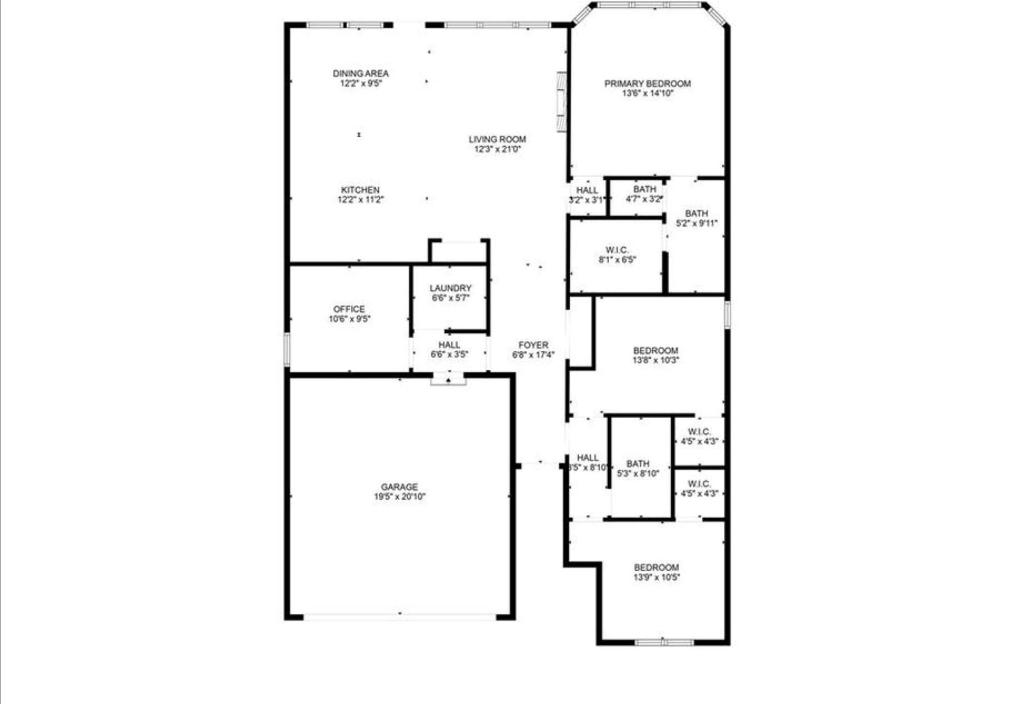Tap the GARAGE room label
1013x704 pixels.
click(399, 487)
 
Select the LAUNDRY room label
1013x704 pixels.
click(450, 288)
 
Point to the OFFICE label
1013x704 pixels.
click(349, 309)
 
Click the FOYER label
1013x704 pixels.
click(533, 345)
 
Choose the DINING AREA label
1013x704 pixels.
click(361, 73)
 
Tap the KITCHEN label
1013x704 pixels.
click(360, 190)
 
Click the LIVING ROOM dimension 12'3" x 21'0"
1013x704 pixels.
click(497, 149)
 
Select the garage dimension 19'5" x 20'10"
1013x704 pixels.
click(399, 497)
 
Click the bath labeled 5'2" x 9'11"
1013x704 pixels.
click(696, 218)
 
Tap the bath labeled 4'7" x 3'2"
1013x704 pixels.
click(644, 194)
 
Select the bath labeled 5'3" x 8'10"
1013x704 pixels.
click(638, 468)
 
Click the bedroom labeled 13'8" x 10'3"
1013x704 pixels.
click(655, 355)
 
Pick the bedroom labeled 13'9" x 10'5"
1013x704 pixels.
click(656, 572)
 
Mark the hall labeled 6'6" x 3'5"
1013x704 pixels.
click(449, 349)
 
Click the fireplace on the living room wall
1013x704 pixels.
click(562, 101)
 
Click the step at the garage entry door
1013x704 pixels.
click(448, 381)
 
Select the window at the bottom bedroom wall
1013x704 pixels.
click(664, 643)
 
